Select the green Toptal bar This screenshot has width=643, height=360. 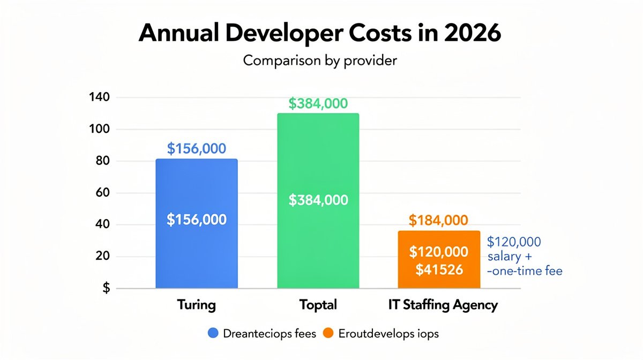click(x=318, y=161)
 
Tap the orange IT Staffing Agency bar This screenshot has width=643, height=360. click(x=439, y=260)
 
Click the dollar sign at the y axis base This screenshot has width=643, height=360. click(x=106, y=288)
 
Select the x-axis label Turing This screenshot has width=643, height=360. click(x=196, y=305)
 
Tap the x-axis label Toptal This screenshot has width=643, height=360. click(x=318, y=305)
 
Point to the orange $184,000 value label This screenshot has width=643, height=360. click(x=438, y=220)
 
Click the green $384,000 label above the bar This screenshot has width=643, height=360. click(x=318, y=103)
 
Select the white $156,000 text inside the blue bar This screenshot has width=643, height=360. click(x=196, y=219)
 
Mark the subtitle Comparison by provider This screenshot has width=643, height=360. click(x=320, y=61)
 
